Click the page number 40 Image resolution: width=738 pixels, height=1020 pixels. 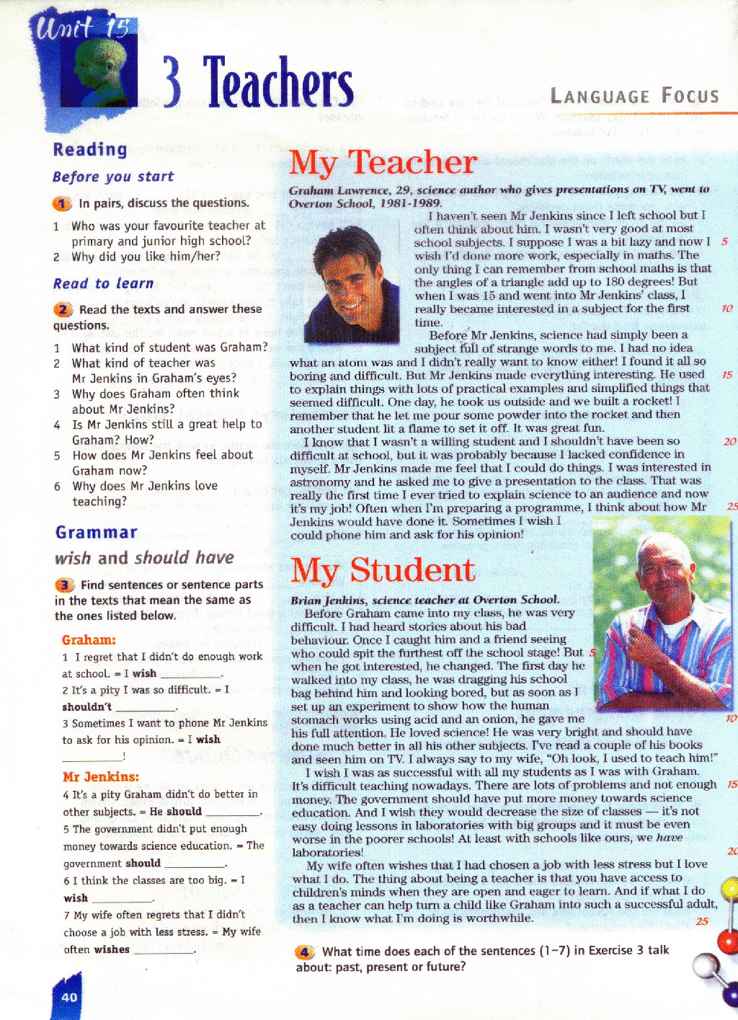pyautogui.click(x=69, y=998)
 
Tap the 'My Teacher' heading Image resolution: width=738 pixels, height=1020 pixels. pyautogui.click(x=383, y=163)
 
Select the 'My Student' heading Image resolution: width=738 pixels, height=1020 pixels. pyautogui.click(x=383, y=570)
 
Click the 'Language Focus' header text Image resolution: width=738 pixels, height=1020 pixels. pyautogui.click(x=634, y=96)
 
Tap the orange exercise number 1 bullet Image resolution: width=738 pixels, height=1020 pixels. pyautogui.click(x=62, y=204)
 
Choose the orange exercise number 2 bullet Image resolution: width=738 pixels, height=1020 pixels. pyautogui.click(x=63, y=310)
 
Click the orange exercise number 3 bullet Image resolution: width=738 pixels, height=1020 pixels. pyautogui.click(x=64, y=585)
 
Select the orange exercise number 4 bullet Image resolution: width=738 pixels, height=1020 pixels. pyautogui.click(x=305, y=952)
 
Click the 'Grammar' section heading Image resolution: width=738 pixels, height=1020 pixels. pyautogui.click(x=96, y=533)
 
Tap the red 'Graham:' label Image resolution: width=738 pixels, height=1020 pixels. pyautogui.click(x=89, y=640)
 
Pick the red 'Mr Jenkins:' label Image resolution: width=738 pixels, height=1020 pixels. pyautogui.click(x=101, y=776)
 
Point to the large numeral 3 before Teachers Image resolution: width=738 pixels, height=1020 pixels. pyautogui.click(x=172, y=81)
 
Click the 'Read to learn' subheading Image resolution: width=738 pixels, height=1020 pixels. pyautogui.click(x=103, y=284)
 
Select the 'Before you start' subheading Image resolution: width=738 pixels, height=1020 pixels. pyautogui.click(x=113, y=177)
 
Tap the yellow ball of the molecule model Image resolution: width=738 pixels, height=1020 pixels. pyautogui.click(x=730, y=888)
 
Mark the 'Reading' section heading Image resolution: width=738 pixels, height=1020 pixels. pyautogui.click(x=90, y=149)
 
